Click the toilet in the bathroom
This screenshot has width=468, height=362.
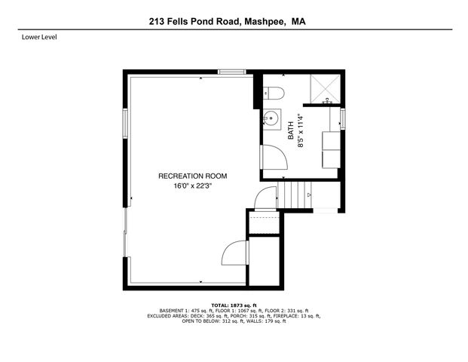coord(276,94)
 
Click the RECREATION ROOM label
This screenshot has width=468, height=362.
coord(192,176)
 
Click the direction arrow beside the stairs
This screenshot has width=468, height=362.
coord(309,196)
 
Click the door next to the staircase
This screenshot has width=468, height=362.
coord(265,199)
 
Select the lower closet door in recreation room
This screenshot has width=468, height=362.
coord(236,253)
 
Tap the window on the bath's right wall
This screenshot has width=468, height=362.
coord(343,118)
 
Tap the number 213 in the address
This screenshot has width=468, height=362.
coord(158,23)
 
